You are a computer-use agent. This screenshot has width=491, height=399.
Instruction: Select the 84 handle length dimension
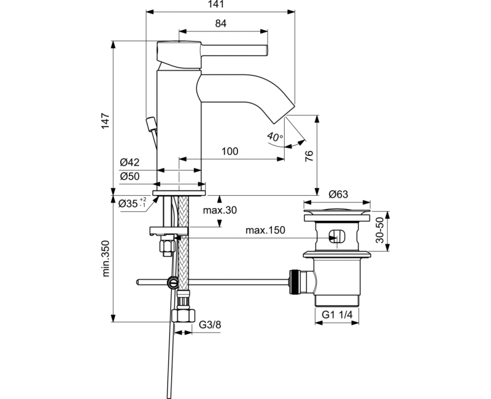pos(222,23)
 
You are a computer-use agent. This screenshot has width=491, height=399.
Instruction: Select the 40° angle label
pos(274,136)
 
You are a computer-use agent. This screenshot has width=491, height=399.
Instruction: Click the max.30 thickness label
pos(220,211)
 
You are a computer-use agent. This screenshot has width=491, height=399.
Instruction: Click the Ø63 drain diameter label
pos(338,195)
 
